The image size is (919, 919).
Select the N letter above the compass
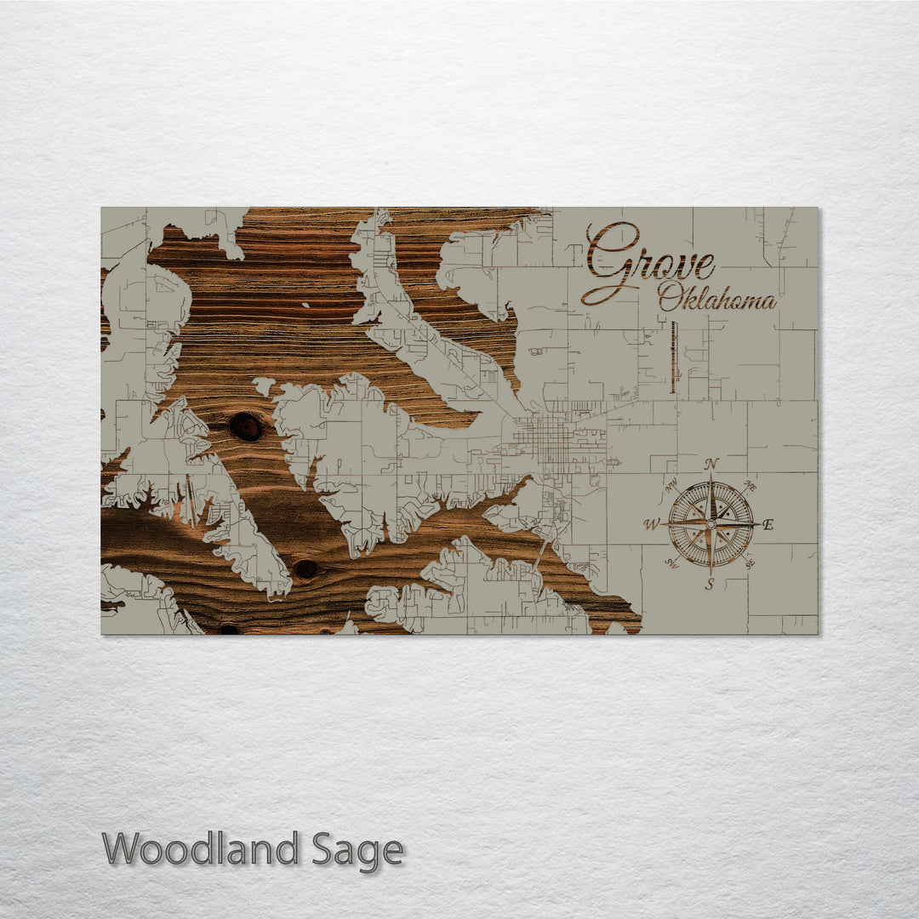click(711, 464)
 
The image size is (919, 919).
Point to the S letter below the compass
click(709, 584)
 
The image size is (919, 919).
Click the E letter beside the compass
click(768, 524)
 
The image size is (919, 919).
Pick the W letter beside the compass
click(652, 524)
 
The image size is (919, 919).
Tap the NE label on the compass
click(749, 486)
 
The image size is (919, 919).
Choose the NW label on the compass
click(671, 487)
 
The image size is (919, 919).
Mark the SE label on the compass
click(750, 563)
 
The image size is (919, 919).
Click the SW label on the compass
click(671, 563)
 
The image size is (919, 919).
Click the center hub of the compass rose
click(711, 524)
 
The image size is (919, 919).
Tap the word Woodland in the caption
click(201, 849)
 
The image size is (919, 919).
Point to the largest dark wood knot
click(246, 426)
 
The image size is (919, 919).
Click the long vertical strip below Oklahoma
click(673, 357)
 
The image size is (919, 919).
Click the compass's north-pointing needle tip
click(711, 477)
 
